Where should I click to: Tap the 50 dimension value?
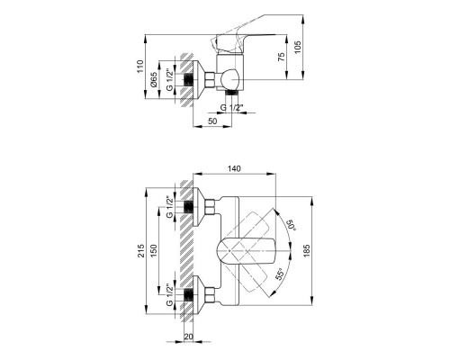pyautogui.click(x=211, y=121)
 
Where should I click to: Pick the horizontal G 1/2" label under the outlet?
pyautogui.click(x=236, y=108)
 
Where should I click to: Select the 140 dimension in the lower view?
pyautogui.click(x=236, y=168)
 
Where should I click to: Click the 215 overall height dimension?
pyautogui.click(x=142, y=253)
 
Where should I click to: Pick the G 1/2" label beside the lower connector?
pyautogui.click(x=171, y=294)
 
